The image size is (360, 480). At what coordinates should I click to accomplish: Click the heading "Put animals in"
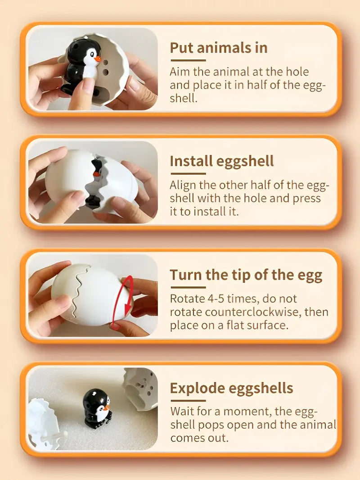(x=218, y=48)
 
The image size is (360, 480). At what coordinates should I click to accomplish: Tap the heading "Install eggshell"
(x=221, y=161)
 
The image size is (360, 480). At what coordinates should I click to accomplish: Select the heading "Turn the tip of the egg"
(x=246, y=275)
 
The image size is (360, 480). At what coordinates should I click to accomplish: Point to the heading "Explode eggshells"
(x=231, y=388)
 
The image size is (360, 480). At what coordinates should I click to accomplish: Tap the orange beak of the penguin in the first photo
(x=97, y=59)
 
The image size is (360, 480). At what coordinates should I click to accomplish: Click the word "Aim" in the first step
(x=179, y=72)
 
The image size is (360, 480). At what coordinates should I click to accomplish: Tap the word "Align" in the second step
(x=183, y=185)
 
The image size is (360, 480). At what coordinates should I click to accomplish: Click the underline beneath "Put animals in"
(x=188, y=60)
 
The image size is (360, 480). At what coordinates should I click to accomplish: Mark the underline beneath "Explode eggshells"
(x=188, y=400)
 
